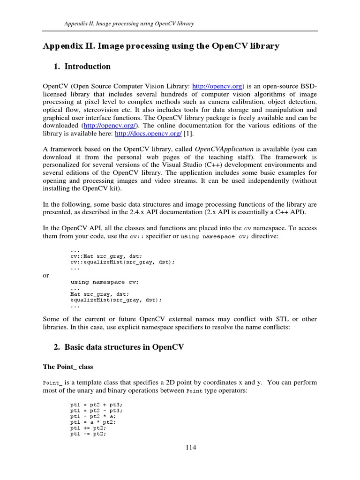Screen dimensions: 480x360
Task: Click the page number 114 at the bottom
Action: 190,447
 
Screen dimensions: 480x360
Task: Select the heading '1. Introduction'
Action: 82,67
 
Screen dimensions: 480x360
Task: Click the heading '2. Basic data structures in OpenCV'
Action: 120,347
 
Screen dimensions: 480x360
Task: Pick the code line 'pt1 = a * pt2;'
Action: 93,421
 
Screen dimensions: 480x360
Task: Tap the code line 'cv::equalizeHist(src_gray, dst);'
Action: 123,262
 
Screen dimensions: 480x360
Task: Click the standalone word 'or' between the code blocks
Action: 46,275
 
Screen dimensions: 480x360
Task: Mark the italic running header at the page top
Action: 129,23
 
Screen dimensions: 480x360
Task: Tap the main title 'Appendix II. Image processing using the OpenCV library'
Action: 161,46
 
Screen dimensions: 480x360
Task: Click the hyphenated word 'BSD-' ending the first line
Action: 307,86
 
